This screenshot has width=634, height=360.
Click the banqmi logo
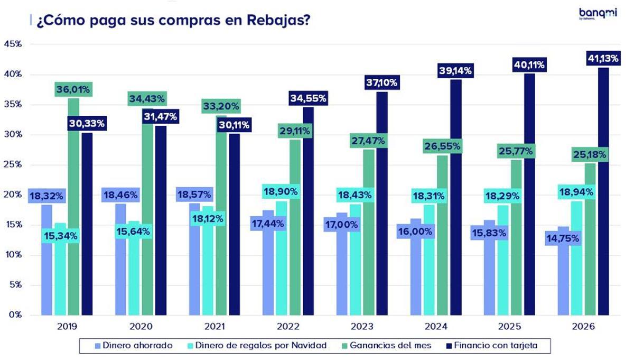pos(597,14)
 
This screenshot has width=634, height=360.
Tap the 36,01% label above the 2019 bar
pos(74,89)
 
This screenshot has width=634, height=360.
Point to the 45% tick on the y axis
pos(13,44)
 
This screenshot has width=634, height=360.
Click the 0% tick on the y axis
pos(15,315)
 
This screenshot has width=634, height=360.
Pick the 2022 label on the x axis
pos(288,327)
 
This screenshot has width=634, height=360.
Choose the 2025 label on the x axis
pos(509,327)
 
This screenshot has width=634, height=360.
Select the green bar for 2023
pos(369,238)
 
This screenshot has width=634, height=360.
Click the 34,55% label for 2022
pos(308,98)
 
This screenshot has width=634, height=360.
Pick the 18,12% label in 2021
pos(207,218)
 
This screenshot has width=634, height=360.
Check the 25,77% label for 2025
pos(516,151)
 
